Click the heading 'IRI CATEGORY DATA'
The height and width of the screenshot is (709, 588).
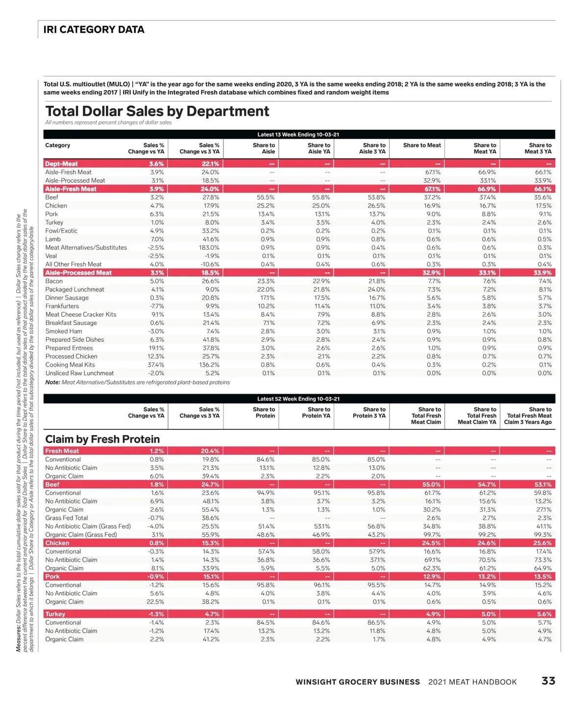94,30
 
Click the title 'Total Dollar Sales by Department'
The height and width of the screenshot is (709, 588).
157,112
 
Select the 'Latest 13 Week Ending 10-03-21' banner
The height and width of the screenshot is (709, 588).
298,135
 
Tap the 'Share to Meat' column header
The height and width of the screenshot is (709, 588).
421,145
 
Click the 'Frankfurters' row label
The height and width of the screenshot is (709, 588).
62,306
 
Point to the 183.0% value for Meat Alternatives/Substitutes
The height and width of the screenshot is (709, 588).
210,248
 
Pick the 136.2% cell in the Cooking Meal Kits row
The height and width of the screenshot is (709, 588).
210,365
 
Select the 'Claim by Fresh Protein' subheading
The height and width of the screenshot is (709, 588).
102,439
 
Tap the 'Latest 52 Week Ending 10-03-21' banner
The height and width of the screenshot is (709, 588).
298,399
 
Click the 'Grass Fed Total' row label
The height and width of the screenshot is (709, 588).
67,518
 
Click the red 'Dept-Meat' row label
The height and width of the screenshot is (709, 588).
61,164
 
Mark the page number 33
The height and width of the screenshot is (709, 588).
548,681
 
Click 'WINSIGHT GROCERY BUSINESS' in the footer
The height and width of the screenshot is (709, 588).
358,682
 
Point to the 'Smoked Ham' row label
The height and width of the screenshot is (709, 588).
64,331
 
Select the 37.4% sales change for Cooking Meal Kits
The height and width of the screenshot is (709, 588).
156,365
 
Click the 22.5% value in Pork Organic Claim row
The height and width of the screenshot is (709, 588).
156,602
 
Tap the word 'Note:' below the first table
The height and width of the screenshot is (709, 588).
52,382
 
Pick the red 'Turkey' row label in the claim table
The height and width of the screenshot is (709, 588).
55,614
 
